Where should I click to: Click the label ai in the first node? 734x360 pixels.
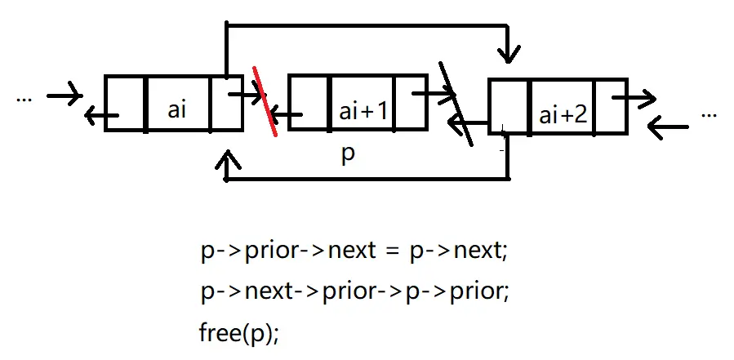(x=177, y=110)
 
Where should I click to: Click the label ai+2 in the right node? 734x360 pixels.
(x=563, y=114)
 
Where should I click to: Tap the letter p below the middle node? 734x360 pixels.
(x=348, y=155)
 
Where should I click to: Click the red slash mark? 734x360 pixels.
(x=265, y=101)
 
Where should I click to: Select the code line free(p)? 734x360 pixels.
(x=238, y=333)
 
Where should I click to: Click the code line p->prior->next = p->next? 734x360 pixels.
(x=354, y=250)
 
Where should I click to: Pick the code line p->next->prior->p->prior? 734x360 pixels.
(x=354, y=291)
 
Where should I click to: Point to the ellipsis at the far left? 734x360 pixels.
(x=24, y=98)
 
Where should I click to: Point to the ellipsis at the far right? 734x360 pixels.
(x=709, y=115)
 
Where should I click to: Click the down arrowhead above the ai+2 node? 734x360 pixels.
(x=509, y=56)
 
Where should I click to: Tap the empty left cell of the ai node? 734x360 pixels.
(x=125, y=103)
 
